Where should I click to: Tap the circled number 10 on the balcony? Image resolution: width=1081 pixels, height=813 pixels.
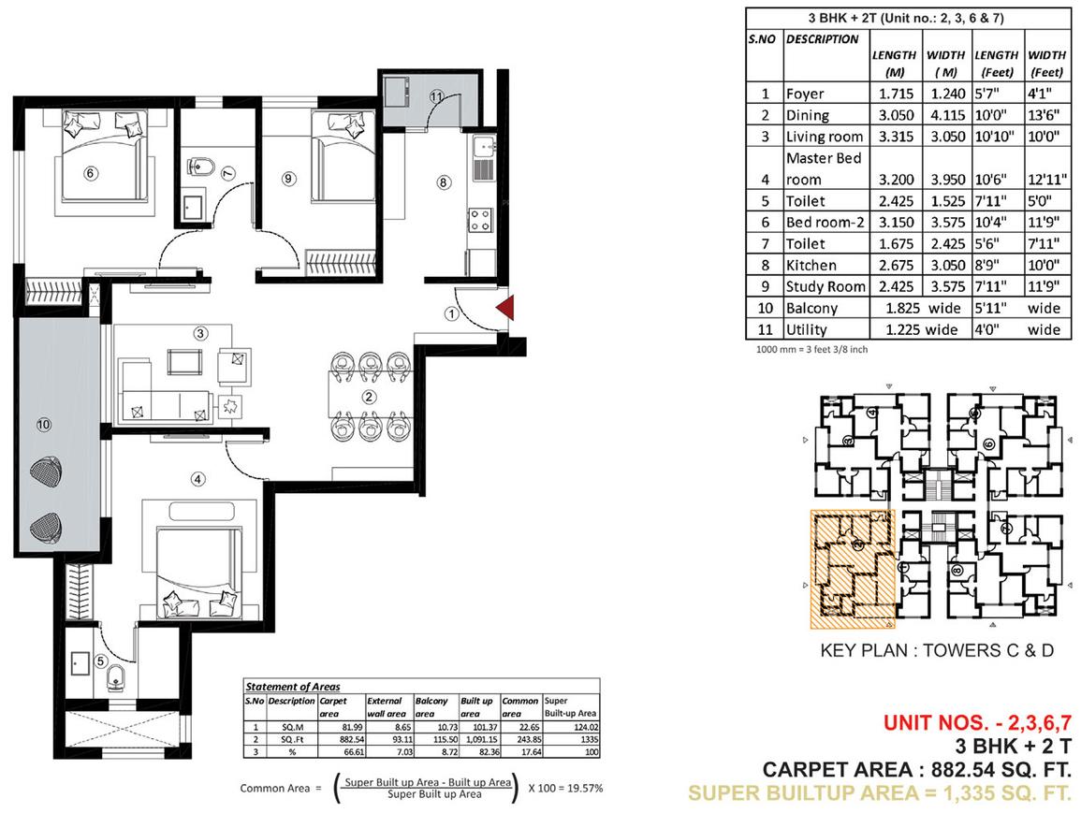[x=43, y=425]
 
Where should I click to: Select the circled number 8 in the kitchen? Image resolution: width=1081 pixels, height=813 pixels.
[x=444, y=182]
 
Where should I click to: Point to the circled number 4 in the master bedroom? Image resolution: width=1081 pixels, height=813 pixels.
[x=198, y=478]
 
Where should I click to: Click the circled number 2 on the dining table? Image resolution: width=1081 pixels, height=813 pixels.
[x=370, y=397]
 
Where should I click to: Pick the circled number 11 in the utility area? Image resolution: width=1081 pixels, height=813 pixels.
[x=436, y=97]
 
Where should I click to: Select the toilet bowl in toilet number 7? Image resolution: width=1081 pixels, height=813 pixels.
[x=199, y=166]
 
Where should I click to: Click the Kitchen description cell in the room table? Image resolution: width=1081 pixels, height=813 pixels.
[x=811, y=266]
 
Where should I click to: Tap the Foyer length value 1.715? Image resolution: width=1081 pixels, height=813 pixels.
[x=896, y=94]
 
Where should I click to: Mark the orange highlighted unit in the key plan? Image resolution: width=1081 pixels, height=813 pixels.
[x=852, y=569]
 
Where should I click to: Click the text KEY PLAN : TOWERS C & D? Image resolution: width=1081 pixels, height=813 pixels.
[x=937, y=650]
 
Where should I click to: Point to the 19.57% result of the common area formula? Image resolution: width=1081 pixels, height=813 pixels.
[x=585, y=788]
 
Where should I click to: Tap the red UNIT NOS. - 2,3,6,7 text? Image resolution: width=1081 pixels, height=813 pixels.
[x=978, y=723]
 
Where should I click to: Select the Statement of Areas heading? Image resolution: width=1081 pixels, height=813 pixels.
[x=293, y=686]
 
